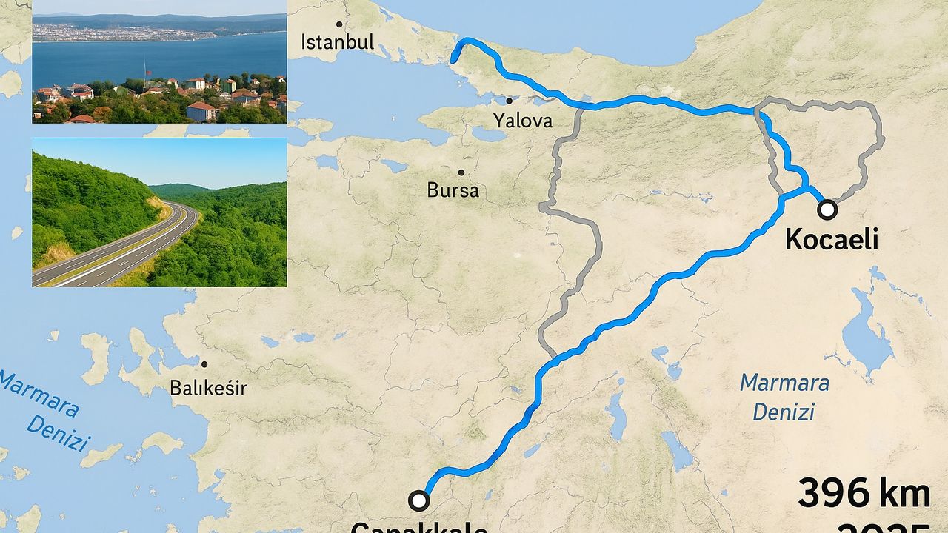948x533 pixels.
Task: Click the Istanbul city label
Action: click(337, 41)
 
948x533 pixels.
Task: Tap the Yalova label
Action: click(523, 120)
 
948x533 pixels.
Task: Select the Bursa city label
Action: click(453, 190)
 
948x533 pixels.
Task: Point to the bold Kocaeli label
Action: click(831, 239)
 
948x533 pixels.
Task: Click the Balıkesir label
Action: click(208, 387)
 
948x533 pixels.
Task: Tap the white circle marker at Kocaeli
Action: click(827, 210)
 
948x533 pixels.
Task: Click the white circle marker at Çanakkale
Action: click(419, 501)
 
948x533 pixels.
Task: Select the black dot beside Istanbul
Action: click(340, 24)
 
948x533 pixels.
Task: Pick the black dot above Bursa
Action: click(461, 172)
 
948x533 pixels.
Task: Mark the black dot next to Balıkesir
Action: click(204, 363)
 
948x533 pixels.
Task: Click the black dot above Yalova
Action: click(510, 101)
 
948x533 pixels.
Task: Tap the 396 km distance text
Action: click(864, 494)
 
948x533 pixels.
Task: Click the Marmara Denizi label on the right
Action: click(784, 397)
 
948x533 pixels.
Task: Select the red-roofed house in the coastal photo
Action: click(201, 111)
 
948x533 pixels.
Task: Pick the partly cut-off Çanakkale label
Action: click(418, 527)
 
